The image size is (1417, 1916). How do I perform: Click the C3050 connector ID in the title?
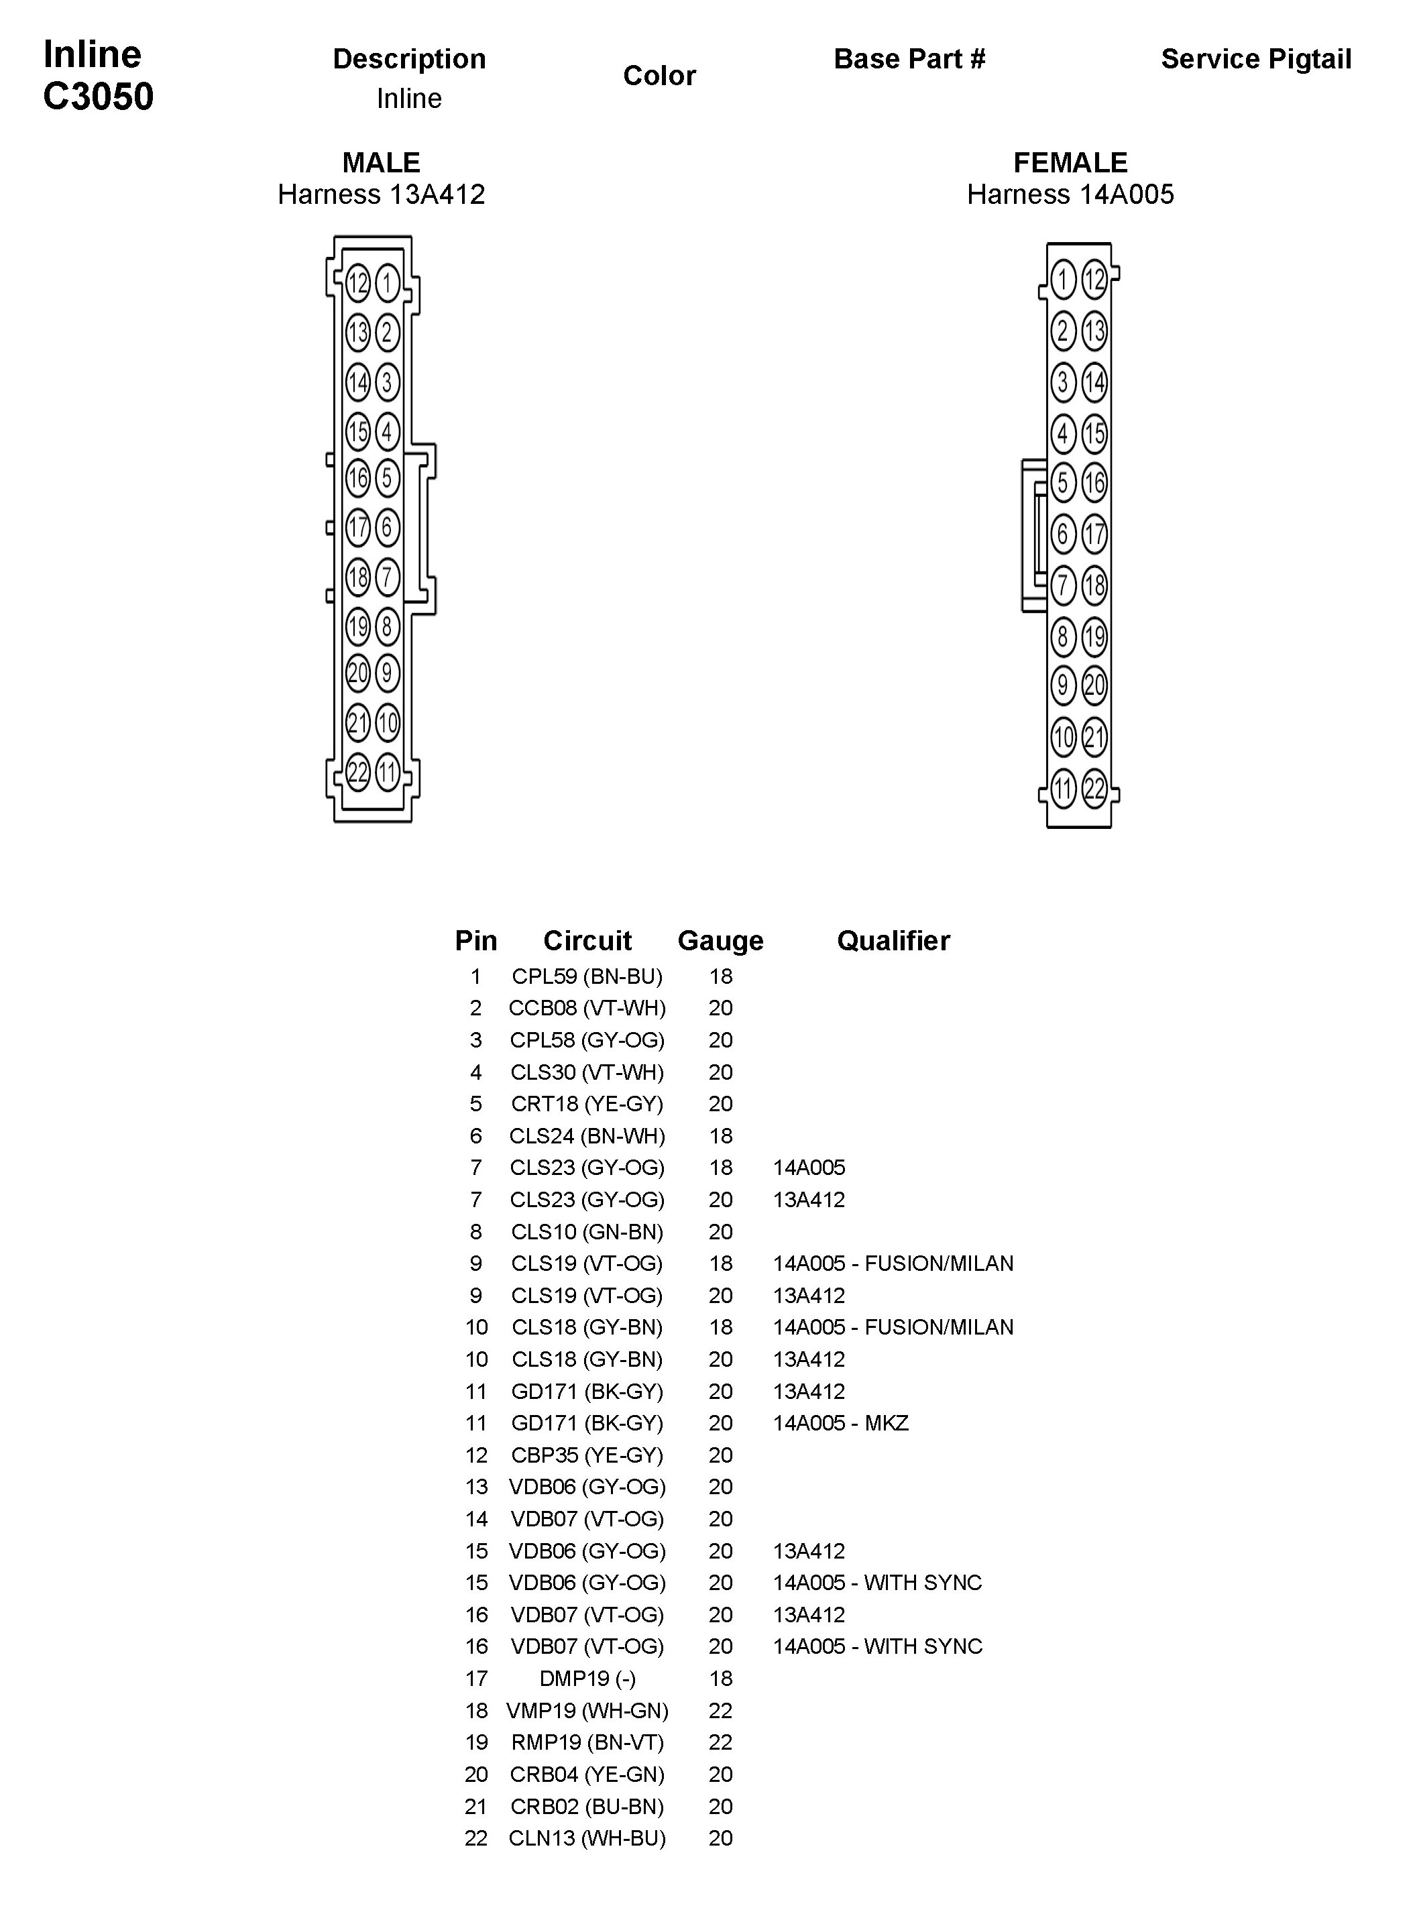coord(98,96)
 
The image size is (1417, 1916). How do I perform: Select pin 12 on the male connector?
coord(357,282)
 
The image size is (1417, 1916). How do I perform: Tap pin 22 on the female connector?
coord(1094,788)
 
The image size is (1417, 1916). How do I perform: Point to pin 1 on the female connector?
coord(1063,279)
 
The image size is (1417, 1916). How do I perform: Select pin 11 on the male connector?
coord(387,773)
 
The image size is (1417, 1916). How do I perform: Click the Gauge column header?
coord(720,941)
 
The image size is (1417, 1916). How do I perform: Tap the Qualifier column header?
coord(893,941)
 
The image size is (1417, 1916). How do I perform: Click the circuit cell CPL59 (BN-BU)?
coord(587,976)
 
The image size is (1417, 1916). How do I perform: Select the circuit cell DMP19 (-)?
coord(587,1679)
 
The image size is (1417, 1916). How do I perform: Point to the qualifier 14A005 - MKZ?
coord(840,1423)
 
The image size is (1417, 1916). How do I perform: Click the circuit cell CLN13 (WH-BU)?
coord(587,1838)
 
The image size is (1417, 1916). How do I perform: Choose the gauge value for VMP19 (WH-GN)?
coord(720,1710)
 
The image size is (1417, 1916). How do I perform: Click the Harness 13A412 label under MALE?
coord(381,194)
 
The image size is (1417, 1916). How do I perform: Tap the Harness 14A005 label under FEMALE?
coord(1070,194)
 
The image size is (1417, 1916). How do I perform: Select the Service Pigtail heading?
coord(1256,59)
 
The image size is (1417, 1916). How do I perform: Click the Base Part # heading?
coord(909,59)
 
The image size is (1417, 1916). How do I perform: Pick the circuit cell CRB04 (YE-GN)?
coord(587,1774)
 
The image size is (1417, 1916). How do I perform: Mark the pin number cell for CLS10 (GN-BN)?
coord(475,1231)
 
